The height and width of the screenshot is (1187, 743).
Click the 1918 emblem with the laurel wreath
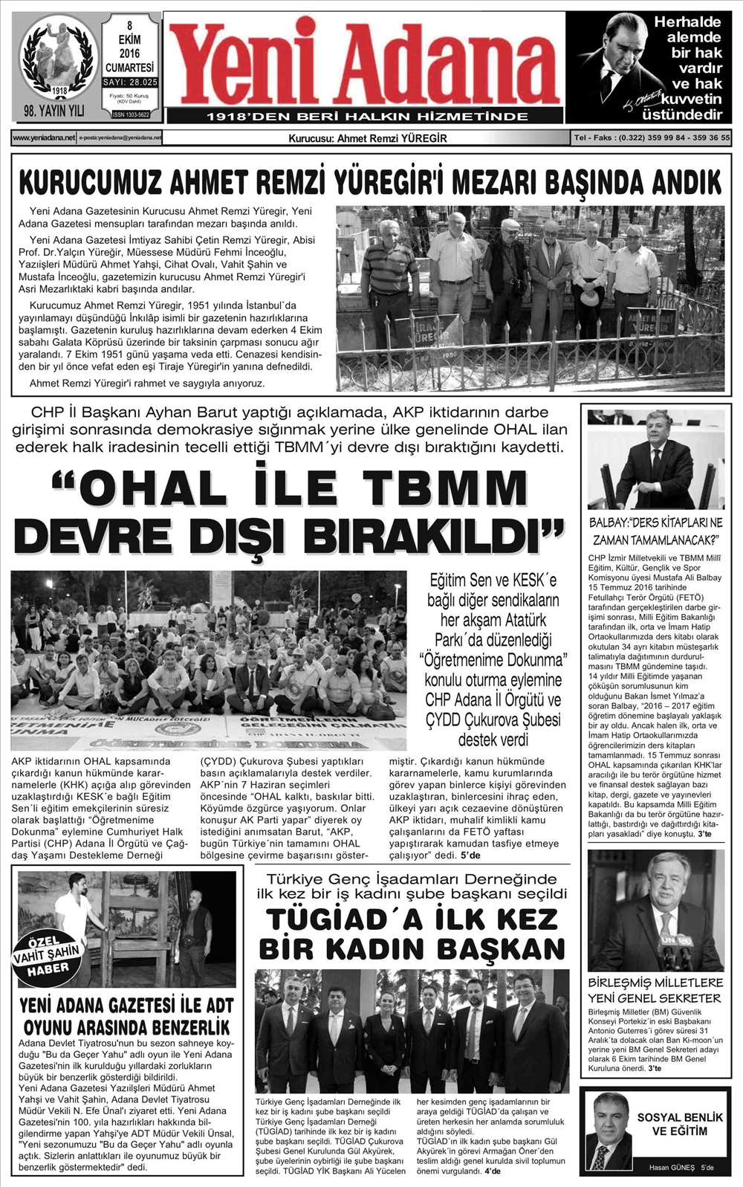(58, 59)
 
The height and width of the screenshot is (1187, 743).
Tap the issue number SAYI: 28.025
(130, 83)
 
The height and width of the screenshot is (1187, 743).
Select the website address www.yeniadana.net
(44, 138)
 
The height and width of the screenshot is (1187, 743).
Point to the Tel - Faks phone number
(652, 138)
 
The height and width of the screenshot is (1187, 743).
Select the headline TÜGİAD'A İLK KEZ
(412, 919)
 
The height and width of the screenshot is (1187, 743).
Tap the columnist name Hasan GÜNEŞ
(672, 1167)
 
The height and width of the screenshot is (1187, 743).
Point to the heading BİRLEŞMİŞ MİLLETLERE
(655, 983)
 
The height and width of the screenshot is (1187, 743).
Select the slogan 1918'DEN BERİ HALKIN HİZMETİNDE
(367, 117)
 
